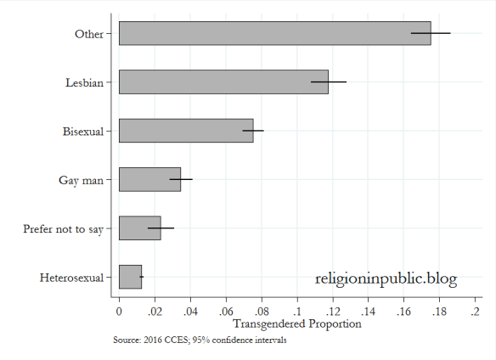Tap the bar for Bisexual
(x=186, y=131)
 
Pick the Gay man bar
(x=149, y=179)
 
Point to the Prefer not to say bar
(x=139, y=228)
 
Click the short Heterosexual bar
(x=130, y=277)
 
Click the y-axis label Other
(x=89, y=34)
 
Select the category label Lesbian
(x=84, y=82)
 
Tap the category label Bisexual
(x=82, y=132)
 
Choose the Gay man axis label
(x=81, y=180)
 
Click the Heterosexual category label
(x=71, y=278)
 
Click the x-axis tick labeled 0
(x=119, y=312)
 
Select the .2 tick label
(x=476, y=312)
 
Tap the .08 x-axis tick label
(x=262, y=312)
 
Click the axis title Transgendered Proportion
(x=296, y=323)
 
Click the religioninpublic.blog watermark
(x=386, y=278)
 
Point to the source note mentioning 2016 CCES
(x=200, y=340)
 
